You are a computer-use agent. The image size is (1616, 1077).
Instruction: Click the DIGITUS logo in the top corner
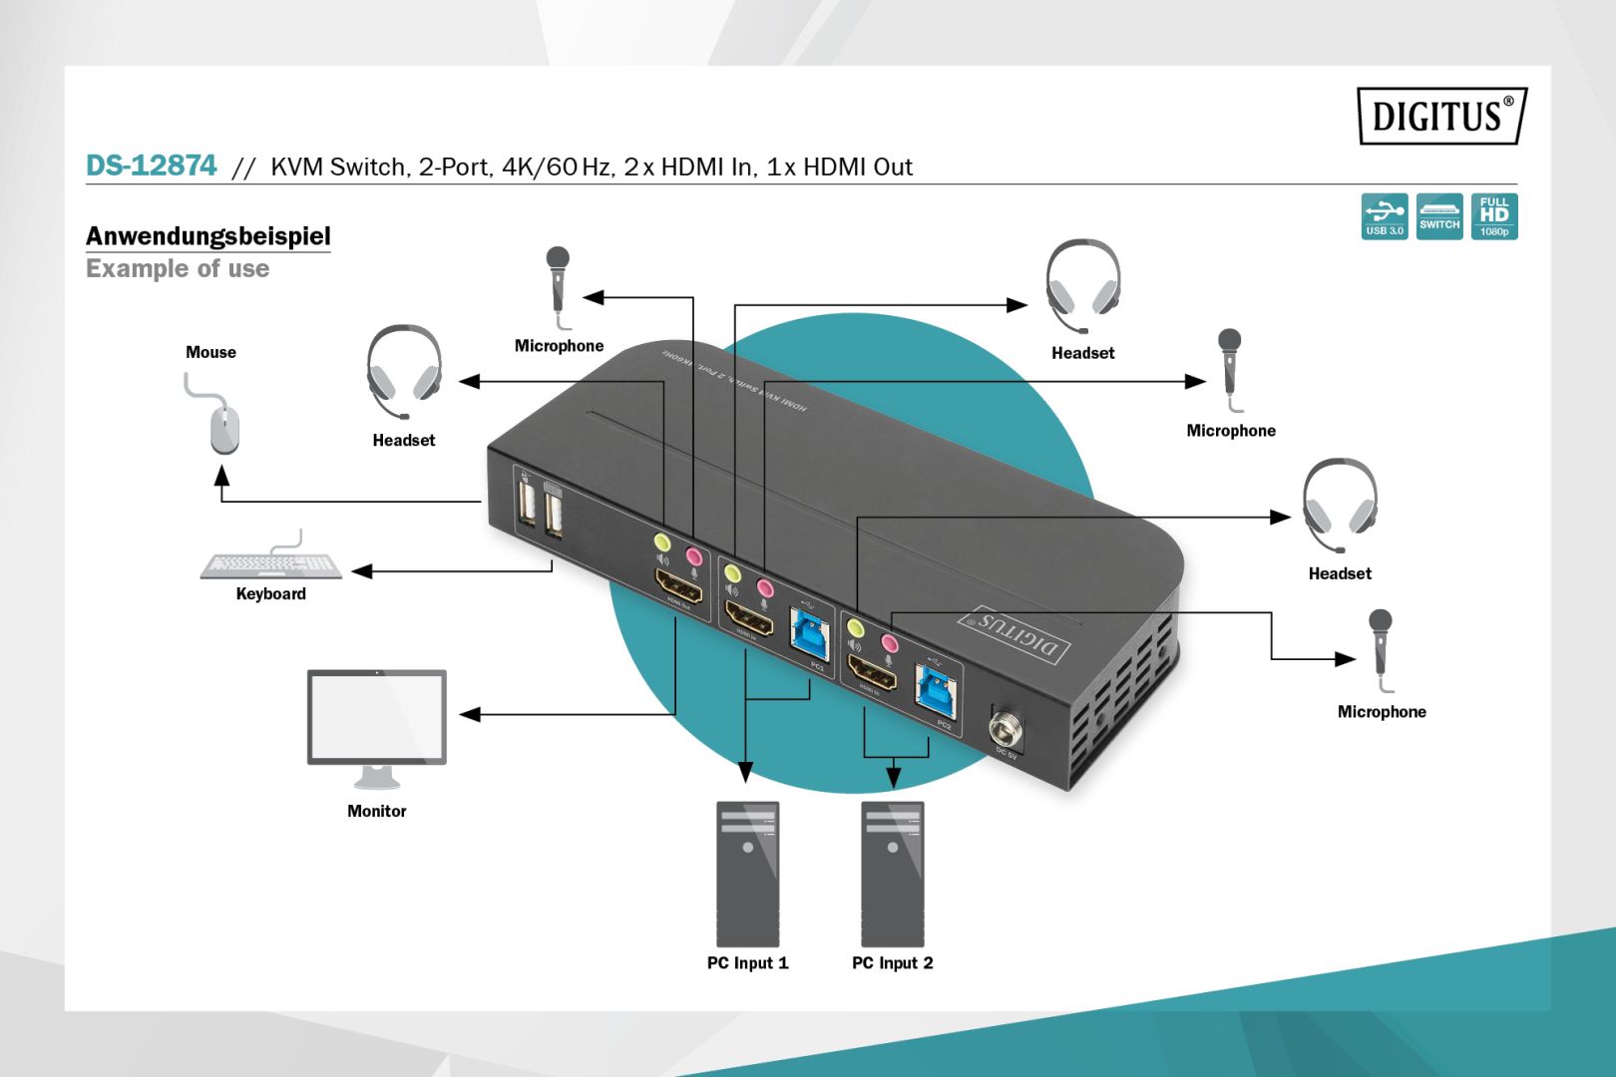[1440, 116]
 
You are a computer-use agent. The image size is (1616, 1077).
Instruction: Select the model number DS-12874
[151, 166]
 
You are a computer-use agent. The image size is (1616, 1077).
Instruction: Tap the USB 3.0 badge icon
[1384, 216]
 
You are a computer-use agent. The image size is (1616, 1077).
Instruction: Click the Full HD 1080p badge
[1493, 216]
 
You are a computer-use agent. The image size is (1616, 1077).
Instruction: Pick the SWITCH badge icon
[1438, 216]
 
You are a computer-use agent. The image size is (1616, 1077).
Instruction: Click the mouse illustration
[223, 427]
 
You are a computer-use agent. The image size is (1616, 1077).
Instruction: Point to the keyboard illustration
[270, 564]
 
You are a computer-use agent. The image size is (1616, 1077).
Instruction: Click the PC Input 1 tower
[747, 874]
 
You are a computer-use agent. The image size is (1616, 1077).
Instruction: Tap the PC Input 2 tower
[892, 874]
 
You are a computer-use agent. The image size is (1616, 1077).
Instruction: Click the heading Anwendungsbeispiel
[207, 236]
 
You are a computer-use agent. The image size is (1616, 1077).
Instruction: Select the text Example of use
[178, 269]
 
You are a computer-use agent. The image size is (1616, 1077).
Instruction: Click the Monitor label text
[376, 811]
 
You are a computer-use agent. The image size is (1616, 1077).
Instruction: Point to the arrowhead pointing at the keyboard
[362, 571]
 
